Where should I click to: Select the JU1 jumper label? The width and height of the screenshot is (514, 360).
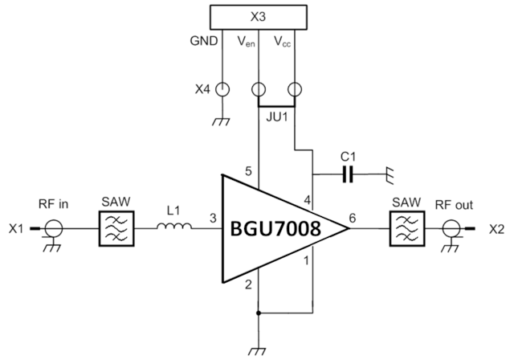pyautogui.click(x=276, y=118)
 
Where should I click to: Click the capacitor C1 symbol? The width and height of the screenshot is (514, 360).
pyautogui.click(x=346, y=173)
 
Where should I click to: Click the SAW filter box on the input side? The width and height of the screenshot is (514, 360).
pyautogui.click(x=115, y=230)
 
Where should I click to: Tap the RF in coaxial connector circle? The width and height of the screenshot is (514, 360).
pyautogui.click(x=54, y=229)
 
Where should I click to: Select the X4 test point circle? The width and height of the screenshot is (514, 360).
pyautogui.click(x=220, y=90)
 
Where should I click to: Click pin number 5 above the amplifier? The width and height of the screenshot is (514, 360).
pyautogui.click(x=247, y=171)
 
